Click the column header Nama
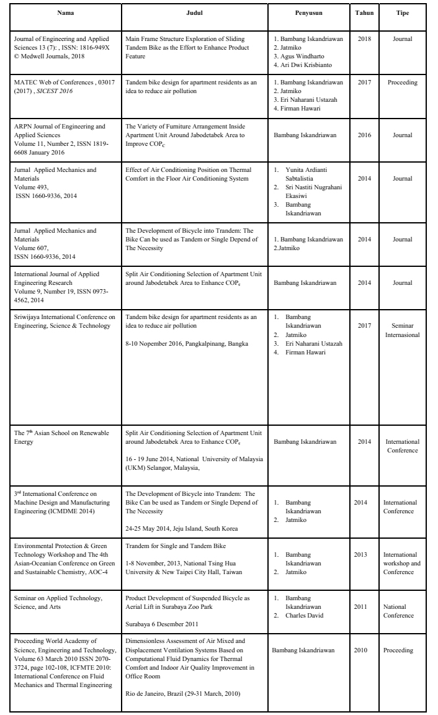click(64, 12)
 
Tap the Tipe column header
click(402, 12)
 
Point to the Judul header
click(194, 12)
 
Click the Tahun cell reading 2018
click(365, 37)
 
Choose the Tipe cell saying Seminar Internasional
click(402, 330)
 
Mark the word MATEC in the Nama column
click(26, 82)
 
